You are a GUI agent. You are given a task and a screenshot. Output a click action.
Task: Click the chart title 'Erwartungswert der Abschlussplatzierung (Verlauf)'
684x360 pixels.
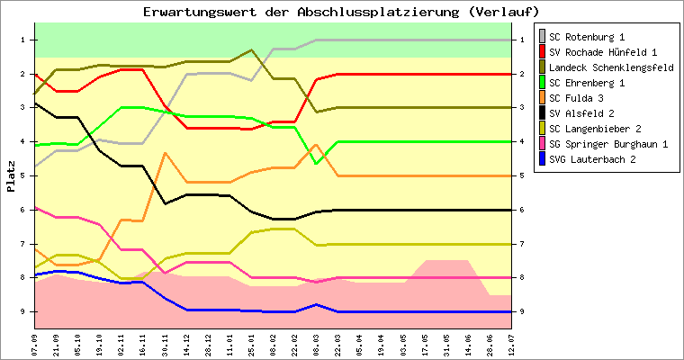(x=341, y=12)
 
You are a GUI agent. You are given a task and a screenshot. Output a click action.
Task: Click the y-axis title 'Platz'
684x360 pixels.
(x=11, y=176)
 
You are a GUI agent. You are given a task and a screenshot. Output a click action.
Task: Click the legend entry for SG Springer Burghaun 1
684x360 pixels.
(x=608, y=144)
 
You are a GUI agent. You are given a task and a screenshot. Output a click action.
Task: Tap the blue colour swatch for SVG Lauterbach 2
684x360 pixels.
(x=542, y=159)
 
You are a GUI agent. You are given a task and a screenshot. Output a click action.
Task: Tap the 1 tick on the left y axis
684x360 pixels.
(x=23, y=40)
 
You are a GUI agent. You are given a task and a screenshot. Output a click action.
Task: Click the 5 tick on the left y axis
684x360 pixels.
(x=23, y=175)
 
